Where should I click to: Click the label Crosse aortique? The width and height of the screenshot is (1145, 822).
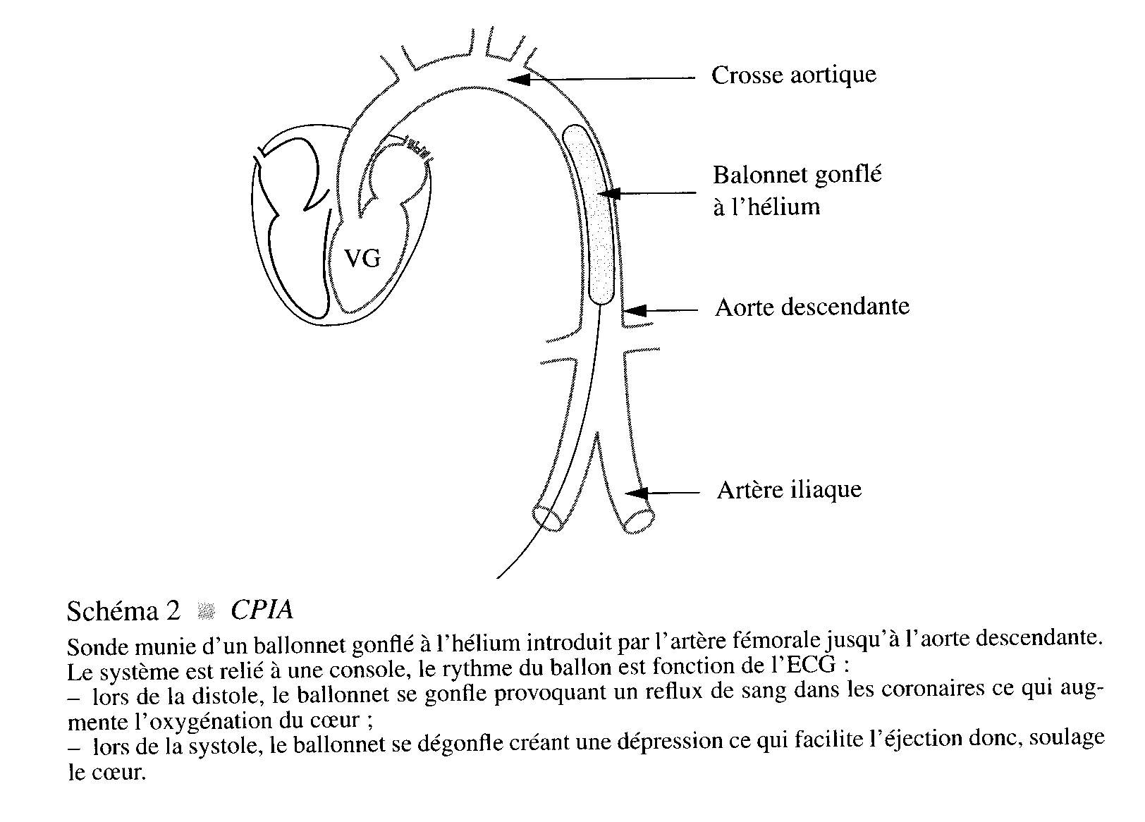[x=794, y=75]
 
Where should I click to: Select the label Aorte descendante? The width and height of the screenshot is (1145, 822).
[x=812, y=307]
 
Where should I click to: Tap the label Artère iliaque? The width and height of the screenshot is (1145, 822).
[x=789, y=489]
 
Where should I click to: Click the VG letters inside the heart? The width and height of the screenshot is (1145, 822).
[x=362, y=258]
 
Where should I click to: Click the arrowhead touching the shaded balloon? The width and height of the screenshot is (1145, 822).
[x=608, y=193]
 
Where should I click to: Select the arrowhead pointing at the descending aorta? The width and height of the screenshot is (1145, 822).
[x=635, y=310]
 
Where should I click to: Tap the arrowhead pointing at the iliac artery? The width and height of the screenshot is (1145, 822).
[x=637, y=493]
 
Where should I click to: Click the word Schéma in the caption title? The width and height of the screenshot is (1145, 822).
[x=113, y=611]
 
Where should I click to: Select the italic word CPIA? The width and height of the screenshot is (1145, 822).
[x=262, y=610]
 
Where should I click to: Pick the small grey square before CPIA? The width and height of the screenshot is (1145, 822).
[x=207, y=611]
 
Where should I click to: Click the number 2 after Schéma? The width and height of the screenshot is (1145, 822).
[x=173, y=611]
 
